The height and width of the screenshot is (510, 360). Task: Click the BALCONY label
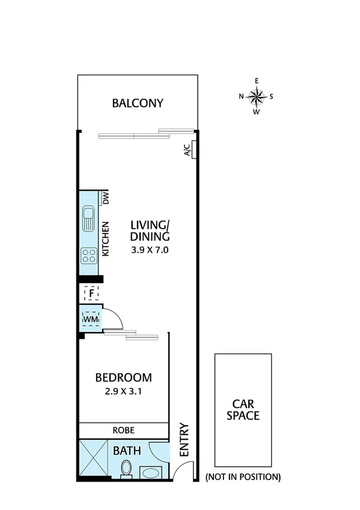click(x=138, y=103)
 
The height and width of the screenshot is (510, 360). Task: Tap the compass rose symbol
click(x=257, y=96)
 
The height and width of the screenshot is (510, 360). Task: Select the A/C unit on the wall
click(x=188, y=149)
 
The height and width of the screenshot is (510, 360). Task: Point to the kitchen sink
click(x=88, y=220)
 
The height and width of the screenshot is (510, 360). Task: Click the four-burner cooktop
click(x=88, y=256)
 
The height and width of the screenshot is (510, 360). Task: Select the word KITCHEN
click(x=106, y=239)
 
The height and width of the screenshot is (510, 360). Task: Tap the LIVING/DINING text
click(x=150, y=231)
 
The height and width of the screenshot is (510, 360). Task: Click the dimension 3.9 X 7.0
click(x=150, y=250)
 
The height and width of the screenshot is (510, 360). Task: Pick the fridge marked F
click(x=91, y=293)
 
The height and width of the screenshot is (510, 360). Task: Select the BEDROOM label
click(x=124, y=378)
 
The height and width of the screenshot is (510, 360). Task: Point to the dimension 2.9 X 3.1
click(x=124, y=391)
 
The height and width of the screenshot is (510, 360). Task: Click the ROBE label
click(x=124, y=431)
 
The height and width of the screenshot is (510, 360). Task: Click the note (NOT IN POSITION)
click(x=243, y=478)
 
